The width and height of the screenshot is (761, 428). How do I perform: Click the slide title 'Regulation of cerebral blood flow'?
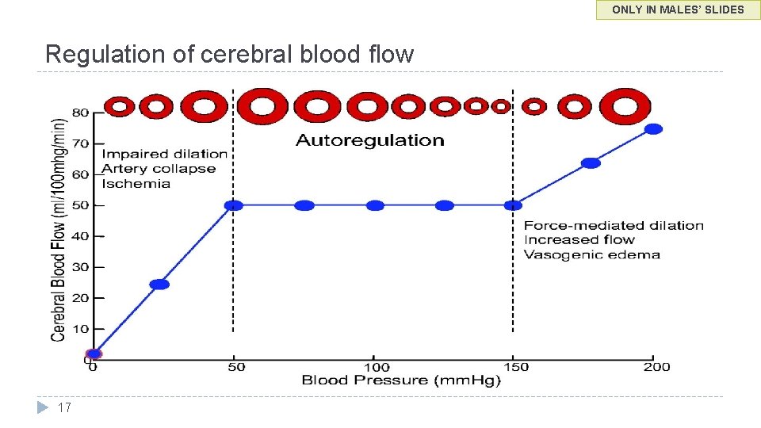(x=229, y=54)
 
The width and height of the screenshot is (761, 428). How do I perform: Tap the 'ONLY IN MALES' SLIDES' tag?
(x=678, y=10)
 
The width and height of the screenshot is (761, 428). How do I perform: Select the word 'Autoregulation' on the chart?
(x=369, y=141)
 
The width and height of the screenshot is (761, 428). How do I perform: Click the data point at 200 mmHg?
(x=653, y=129)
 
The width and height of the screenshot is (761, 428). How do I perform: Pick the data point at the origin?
(x=94, y=354)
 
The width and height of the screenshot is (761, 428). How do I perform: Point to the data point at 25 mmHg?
(x=159, y=284)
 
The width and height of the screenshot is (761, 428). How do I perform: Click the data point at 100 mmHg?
(x=375, y=205)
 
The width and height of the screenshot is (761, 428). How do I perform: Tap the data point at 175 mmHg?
(x=591, y=163)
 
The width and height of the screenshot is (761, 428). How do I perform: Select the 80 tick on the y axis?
(x=81, y=113)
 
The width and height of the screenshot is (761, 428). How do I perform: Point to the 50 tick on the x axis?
(x=236, y=367)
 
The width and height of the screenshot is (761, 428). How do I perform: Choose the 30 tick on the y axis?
(x=81, y=267)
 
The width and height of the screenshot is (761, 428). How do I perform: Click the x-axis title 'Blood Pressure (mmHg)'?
(x=401, y=380)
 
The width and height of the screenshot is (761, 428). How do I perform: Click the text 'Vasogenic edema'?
(x=591, y=254)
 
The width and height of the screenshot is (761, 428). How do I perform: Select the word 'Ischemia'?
(x=136, y=184)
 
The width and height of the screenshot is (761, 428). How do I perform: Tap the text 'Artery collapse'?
(x=159, y=169)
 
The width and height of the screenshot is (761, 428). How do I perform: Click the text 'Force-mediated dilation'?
(x=614, y=226)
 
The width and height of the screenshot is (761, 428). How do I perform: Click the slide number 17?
(x=65, y=407)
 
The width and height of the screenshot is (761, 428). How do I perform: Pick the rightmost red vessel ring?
(x=625, y=106)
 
